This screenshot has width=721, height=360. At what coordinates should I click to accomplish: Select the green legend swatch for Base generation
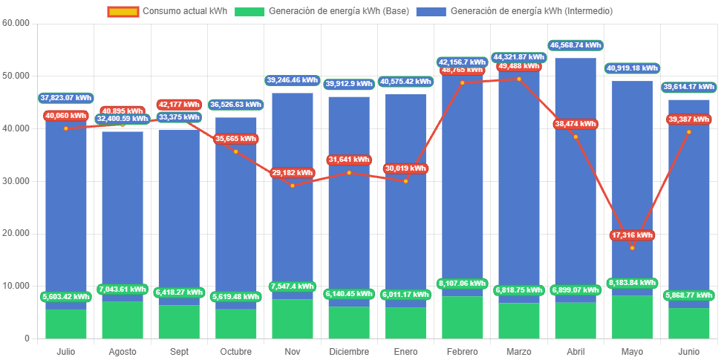(249, 11)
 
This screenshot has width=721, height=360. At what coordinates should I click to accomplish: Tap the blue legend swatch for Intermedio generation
(431, 11)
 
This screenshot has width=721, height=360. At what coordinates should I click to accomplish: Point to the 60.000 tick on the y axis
(16, 23)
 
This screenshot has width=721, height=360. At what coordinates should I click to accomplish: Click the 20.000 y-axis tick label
(16, 233)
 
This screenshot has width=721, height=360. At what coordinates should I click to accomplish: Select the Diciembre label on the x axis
(349, 351)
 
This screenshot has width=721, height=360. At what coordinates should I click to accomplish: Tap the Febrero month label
(463, 351)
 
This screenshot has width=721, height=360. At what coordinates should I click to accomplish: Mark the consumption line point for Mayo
(632, 248)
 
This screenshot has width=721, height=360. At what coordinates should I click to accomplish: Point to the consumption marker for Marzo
(519, 79)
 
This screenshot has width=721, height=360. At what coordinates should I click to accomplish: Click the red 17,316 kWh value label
(632, 235)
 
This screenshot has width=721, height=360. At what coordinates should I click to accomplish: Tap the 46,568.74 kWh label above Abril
(575, 45)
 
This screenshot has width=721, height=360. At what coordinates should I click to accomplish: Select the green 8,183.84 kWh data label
(632, 283)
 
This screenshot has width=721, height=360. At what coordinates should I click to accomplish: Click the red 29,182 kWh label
(293, 172)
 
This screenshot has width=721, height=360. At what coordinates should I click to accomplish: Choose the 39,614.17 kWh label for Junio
(688, 87)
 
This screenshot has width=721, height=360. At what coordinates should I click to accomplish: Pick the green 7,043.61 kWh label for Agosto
(123, 289)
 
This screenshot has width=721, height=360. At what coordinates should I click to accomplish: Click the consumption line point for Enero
(405, 181)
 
